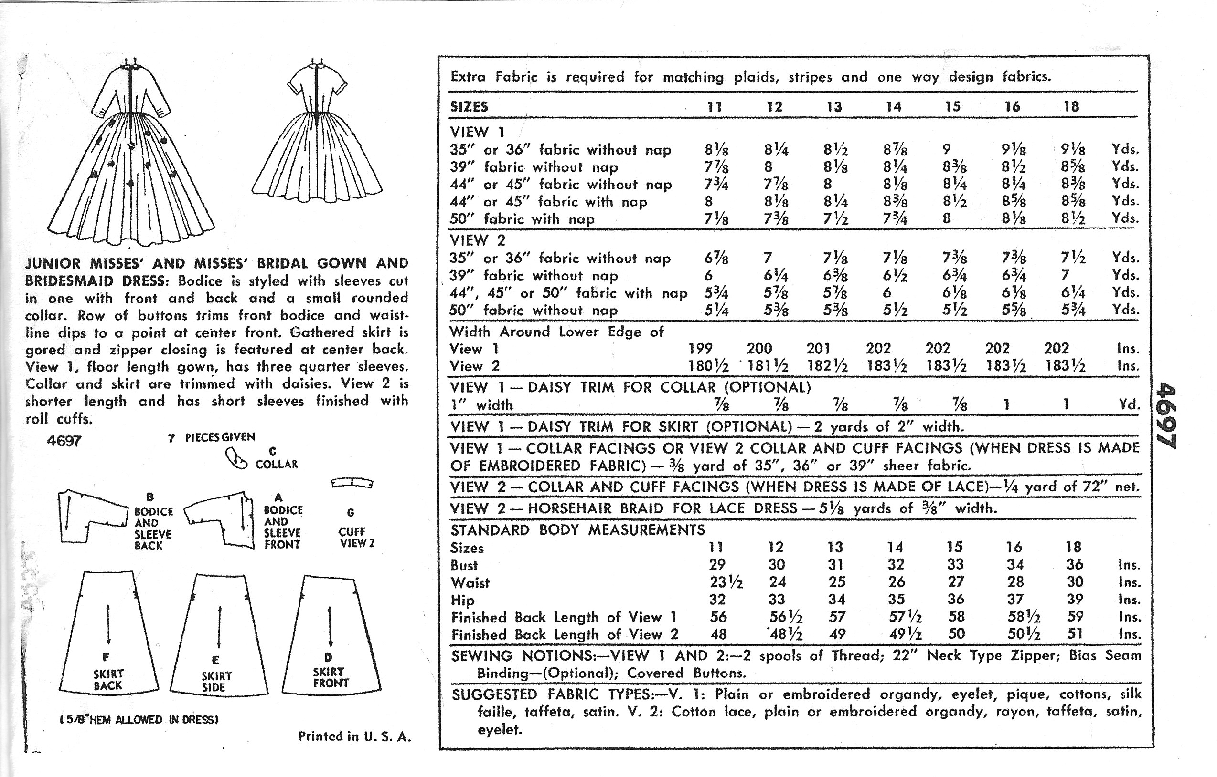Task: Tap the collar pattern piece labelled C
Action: point(235,459)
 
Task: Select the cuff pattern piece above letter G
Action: point(352,483)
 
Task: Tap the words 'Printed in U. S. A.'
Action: point(355,736)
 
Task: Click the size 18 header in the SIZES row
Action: point(1071,106)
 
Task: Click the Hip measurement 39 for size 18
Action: point(1075,599)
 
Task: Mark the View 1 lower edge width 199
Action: point(701,348)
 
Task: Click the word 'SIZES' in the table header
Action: point(469,107)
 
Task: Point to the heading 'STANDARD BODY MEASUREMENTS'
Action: point(577,530)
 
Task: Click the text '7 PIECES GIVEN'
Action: point(212,437)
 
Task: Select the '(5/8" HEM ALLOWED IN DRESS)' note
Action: point(139,719)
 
